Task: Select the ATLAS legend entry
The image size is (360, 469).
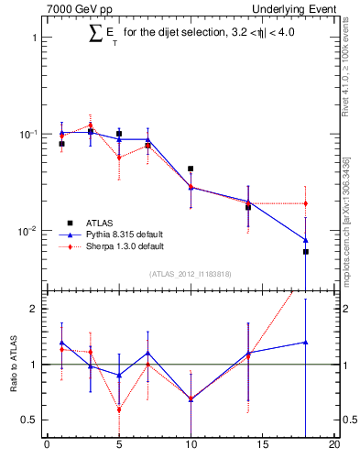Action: pos(100,223)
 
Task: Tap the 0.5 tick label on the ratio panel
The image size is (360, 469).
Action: pos(29,420)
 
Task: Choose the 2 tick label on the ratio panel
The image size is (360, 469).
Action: pos(34,309)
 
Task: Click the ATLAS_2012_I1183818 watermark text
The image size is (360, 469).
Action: pos(191,274)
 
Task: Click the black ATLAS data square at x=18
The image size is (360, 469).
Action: pos(306,251)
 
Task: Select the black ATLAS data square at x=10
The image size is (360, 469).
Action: pos(191,169)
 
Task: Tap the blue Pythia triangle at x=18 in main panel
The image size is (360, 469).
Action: pos(306,240)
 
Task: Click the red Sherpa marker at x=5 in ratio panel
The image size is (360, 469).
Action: pos(119,409)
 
